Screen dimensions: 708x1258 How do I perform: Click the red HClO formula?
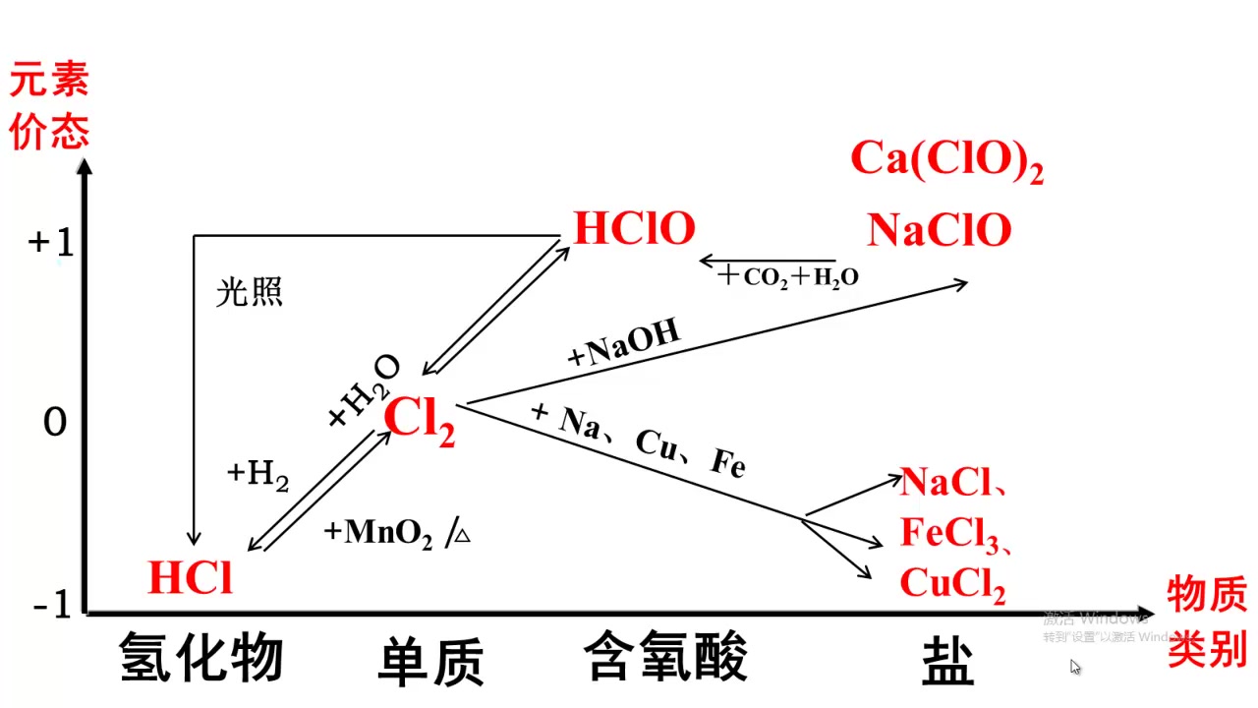click(634, 229)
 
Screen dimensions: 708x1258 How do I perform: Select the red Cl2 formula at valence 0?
click(420, 421)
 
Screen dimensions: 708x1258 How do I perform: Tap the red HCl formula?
click(191, 578)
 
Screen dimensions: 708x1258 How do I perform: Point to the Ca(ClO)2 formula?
click(945, 159)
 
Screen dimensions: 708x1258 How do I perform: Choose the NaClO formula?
click(939, 231)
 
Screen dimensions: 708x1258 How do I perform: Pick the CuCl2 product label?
click(952, 585)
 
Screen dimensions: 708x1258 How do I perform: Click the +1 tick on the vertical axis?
click(51, 242)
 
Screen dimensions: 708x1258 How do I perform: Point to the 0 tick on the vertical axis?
click(55, 423)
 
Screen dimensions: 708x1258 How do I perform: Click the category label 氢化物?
click(201, 658)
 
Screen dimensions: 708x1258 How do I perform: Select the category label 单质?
click(430, 662)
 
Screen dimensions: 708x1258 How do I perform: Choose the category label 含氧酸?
click(665, 656)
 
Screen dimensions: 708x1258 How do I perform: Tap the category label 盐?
click(947, 662)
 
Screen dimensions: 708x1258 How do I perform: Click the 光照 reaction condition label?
click(250, 292)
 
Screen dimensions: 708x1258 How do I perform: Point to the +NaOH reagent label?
click(623, 345)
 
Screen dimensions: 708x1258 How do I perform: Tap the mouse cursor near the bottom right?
click(1075, 667)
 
